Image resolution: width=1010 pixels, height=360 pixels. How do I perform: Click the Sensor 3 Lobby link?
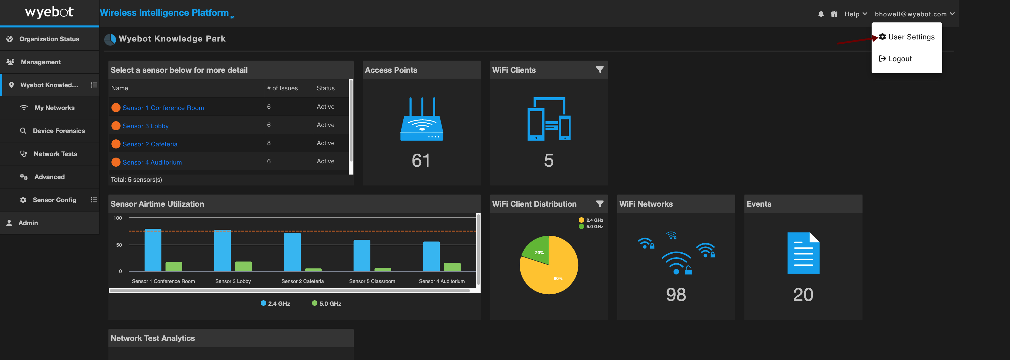pos(145,126)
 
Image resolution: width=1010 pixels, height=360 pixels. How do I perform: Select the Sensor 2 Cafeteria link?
pos(150,144)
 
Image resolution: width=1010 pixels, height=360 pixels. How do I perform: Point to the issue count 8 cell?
pos(269,143)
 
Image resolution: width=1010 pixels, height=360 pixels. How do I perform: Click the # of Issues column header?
pos(282,88)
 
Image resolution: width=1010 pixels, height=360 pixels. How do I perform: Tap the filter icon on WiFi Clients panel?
pos(600,70)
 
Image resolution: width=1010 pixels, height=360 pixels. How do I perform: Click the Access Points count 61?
pos(421,160)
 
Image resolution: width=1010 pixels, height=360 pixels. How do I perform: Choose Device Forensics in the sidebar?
pos(59,131)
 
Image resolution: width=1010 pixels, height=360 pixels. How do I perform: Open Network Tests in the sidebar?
pos(55,154)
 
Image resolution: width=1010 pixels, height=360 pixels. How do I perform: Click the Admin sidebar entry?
pos(28,223)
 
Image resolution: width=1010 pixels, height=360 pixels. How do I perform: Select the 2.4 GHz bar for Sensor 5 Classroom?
pos(362,255)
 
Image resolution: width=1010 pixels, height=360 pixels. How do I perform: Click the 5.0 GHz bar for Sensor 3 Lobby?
pos(243,266)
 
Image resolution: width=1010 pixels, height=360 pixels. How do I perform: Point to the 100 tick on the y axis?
pos(118,218)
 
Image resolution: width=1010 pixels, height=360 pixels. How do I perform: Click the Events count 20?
pos(803,295)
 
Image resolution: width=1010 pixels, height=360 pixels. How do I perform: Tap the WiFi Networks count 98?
pos(676,295)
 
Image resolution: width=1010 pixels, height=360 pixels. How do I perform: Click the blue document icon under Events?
pos(803,253)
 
